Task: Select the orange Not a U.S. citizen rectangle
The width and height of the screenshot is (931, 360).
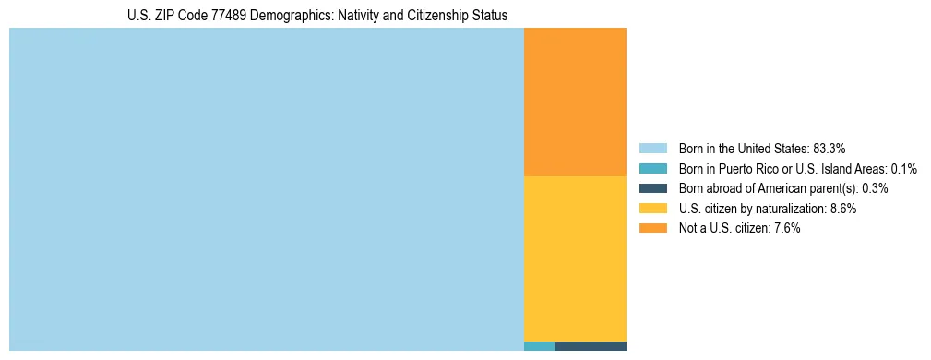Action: pyautogui.click(x=575, y=102)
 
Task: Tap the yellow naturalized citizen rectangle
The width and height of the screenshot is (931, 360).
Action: pyautogui.click(x=575, y=258)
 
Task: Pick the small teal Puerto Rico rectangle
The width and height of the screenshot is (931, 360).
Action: pyautogui.click(x=539, y=346)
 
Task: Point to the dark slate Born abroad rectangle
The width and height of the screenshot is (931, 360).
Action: pyautogui.click(x=591, y=346)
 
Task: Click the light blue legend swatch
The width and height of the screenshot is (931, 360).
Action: pyautogui.click(x=652, y=148)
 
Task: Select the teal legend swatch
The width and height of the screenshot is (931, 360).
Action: pyautogui.click(x=652, y=168)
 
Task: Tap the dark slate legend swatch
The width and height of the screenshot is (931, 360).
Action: pyautogui.click(x=652, y=188)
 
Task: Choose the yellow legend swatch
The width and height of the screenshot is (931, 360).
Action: pyautogui.click(x=652, y=209)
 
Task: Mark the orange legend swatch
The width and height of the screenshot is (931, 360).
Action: pyautogui.click(x=652, y=228)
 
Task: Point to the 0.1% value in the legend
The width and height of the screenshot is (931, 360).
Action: pyautogui.click(x=904, y=168)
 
